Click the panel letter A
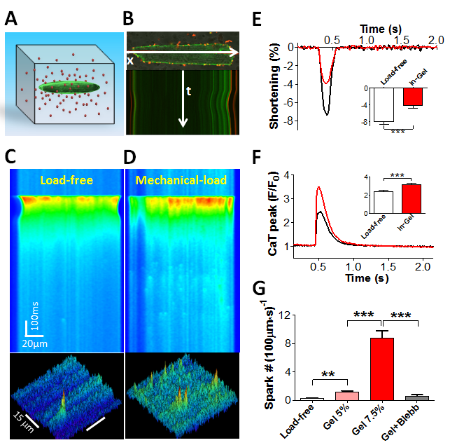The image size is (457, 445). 12,19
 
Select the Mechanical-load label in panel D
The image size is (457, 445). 182,180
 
